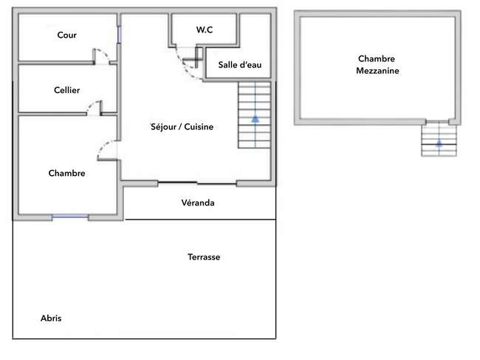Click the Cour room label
[x=66, y=35]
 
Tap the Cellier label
[x=66, y=90]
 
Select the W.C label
[x=205, y=30]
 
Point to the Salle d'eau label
[x=240, y=64]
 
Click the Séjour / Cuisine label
[x=182, y=127]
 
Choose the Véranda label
[x=198, y=203]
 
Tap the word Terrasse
[x=204, y=257]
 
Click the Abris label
[x=51, y=318]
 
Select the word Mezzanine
[x=377, y=71]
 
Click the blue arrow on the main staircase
[x=255, y=119]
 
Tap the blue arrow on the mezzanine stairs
[x=439, y=143]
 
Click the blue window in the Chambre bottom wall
[x=70, y=217]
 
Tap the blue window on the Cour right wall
[x=119, y=34]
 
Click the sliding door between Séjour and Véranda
[x=197, y=183]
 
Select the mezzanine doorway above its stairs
[x=437, y=122]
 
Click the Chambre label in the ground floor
[x=66, y=173]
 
